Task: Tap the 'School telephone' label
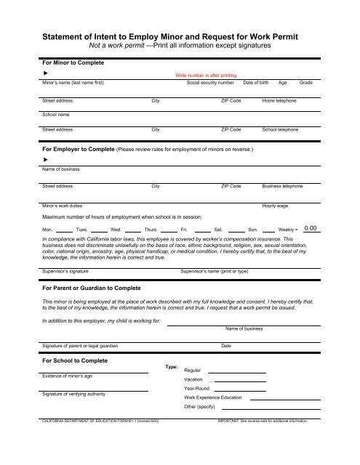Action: pyautogui.click(x=281, y=129)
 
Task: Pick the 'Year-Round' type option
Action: pyautogui.click(x=198, y=389)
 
